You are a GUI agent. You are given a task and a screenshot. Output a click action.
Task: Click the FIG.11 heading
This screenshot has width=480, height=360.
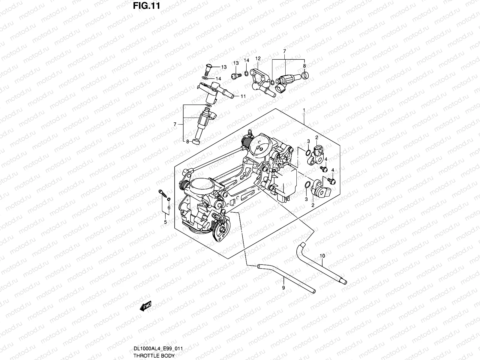146,6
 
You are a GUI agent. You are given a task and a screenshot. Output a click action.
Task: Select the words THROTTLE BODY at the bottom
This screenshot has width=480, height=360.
154,355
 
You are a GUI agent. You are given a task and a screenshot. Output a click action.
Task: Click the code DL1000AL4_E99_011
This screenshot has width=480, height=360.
158,348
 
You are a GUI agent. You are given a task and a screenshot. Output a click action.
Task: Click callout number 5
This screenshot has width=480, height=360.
165,222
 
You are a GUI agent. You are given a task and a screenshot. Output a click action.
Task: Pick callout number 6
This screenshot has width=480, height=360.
169,208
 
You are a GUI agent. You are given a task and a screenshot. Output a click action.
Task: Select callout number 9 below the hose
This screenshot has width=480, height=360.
283,288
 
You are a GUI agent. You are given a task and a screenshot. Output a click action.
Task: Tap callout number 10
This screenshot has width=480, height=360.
322,256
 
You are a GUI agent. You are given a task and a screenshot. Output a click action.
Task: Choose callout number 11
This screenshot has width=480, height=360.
243,96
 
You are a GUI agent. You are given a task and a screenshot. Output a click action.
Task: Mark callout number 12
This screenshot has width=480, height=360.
258,58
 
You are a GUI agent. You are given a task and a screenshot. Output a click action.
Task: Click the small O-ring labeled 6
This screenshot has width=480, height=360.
169,199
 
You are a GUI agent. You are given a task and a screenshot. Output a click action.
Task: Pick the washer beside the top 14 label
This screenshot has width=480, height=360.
246,73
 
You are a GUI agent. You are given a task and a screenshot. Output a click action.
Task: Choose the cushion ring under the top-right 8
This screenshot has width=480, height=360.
305,75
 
